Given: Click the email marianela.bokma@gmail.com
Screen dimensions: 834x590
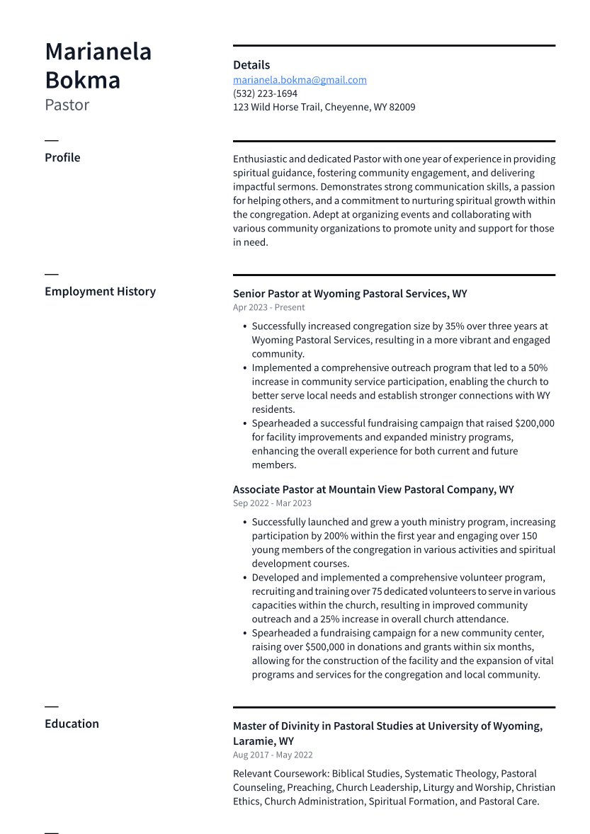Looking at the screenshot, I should [300, 80].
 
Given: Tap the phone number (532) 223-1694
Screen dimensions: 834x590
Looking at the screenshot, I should [265, 93].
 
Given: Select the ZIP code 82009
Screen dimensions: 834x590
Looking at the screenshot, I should [402, 108].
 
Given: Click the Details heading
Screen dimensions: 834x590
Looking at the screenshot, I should [251, 65].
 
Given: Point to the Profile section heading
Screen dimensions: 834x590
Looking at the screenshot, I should [62, 158].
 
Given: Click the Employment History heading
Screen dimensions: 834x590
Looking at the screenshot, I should [100, 292].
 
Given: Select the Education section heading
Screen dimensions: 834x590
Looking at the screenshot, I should [72, 724].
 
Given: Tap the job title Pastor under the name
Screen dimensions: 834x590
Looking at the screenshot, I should [67, 105].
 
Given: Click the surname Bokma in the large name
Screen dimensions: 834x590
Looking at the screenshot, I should [82, 80].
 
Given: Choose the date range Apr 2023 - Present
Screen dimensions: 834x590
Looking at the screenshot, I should [269, 308].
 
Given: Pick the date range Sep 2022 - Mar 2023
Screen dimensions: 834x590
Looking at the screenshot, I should [272, 503].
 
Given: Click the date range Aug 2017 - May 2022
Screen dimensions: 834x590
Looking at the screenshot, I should [273, 755].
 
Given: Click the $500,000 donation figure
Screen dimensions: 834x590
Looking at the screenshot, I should [328, 647].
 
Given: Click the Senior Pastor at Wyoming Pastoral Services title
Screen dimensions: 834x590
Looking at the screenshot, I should [350, 294].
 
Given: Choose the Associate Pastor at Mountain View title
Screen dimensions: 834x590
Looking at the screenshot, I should [373, 490].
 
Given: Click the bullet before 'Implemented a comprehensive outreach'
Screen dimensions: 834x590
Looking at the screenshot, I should [244, 368].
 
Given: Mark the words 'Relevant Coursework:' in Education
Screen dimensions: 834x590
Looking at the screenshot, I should [280, 774].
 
